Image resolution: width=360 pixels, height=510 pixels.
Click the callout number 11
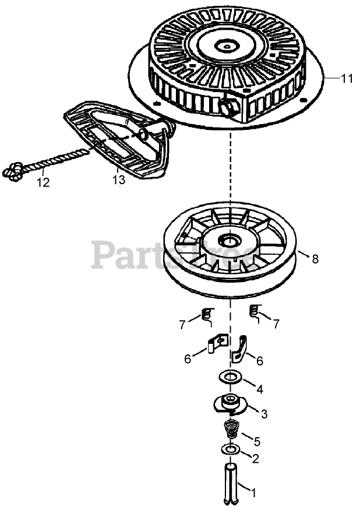click(347, 78)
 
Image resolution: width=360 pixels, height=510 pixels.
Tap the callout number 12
click(43, 182)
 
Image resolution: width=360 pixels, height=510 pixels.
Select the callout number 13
click(119, 180)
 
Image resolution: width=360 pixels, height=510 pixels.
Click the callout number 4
click(259, 388)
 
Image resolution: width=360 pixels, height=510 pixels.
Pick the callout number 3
click(264, 414)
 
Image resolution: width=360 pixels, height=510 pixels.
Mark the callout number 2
click(255, 458)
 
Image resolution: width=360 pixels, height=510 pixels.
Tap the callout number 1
click(253, 492)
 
